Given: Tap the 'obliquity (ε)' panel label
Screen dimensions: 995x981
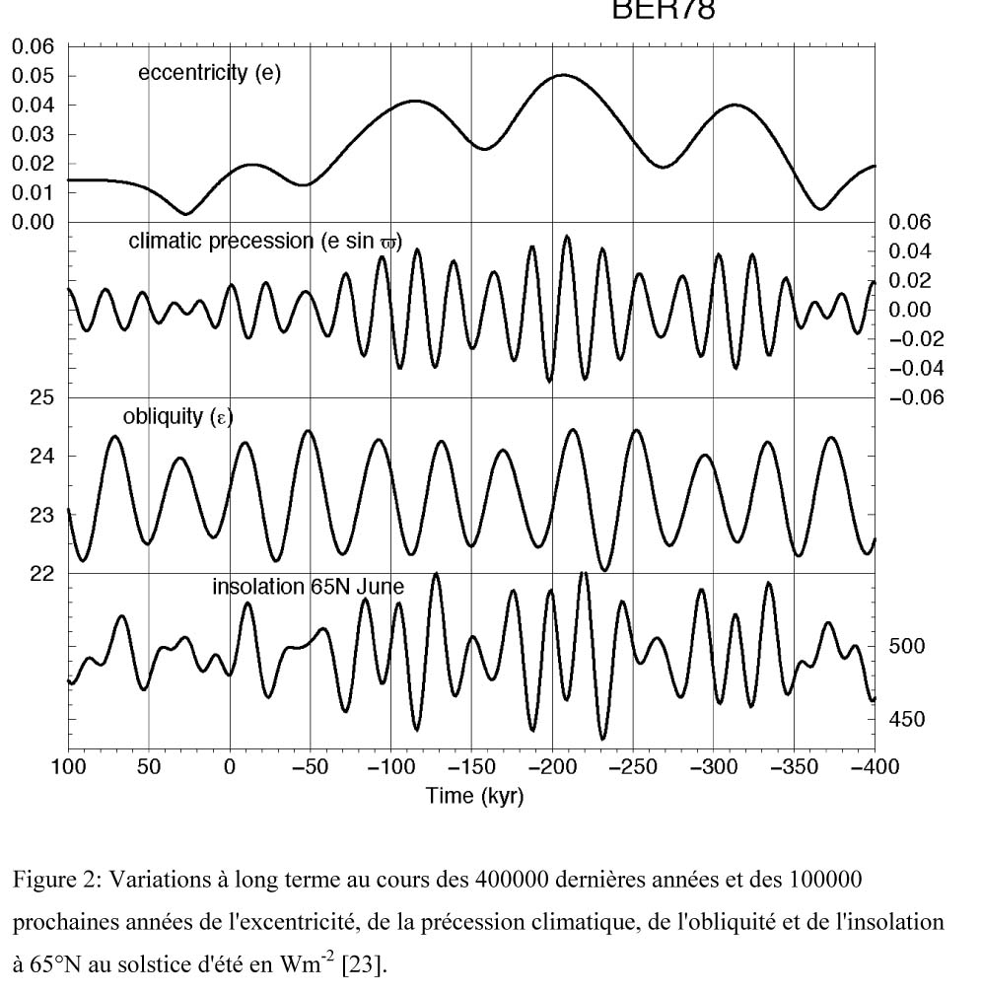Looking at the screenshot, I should pos(177,416).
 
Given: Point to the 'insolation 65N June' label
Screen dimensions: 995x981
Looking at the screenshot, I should pos(308,587).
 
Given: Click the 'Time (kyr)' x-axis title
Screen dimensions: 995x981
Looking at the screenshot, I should pos(474,796).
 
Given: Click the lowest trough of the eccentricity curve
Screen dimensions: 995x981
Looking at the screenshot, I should pos(184,213).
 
